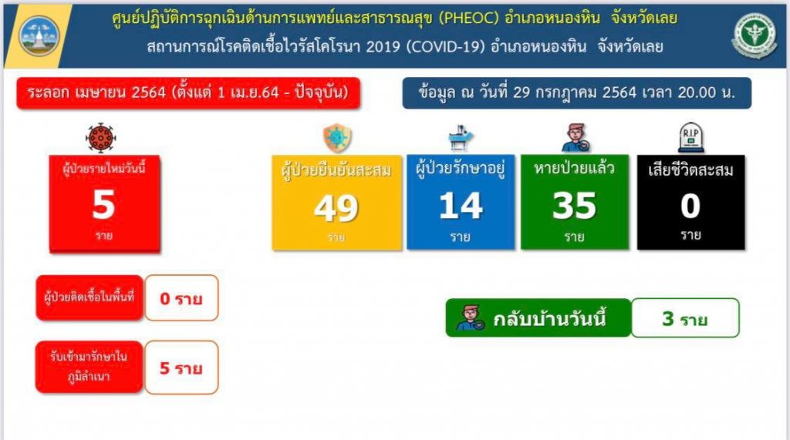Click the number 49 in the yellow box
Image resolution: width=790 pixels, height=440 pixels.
[x=336, y=207]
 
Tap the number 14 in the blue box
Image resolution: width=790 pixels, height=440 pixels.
[x=461, y=206]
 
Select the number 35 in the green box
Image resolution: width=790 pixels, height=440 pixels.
[x=574, y=206]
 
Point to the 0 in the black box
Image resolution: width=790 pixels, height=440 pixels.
[x=690, y=206]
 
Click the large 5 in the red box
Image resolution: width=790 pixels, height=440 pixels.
[x=104, y=204]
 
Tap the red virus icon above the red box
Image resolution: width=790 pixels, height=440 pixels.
[x=101, y=137]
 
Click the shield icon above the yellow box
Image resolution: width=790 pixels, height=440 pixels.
[x=337, y=137]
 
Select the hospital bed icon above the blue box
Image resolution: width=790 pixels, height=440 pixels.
[x=461, y=137]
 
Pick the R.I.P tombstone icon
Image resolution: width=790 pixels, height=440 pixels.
[x=690, y=137]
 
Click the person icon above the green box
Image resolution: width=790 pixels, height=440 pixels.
[x=575, y=137]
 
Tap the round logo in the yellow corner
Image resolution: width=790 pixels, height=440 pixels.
[x=39, y=35]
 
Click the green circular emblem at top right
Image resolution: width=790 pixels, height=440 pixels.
[x=755, y=35]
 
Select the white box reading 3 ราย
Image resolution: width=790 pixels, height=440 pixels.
[x=685, y=317]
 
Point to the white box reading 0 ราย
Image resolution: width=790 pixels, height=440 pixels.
[x=181, y=298]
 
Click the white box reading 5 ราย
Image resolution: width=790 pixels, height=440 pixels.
[x=181, y=368]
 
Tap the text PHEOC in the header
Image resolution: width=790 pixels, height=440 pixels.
[x=468, y=18]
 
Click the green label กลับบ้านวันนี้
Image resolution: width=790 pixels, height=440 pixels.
[x=538, y=317]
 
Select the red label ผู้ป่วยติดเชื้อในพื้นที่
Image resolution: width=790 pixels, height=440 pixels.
[x=89, y=297]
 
